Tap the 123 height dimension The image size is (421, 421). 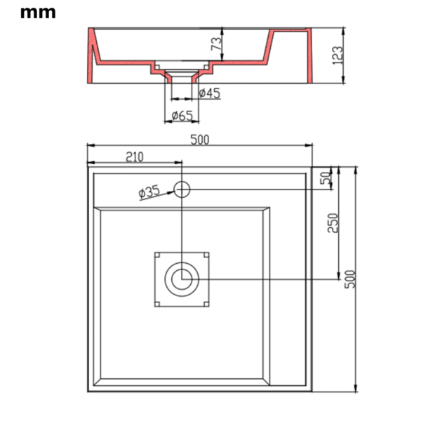coord(338,55)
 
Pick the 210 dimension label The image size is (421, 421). coord(134,157)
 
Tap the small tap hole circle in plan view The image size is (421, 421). coord(182,188)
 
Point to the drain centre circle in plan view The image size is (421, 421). coord(182,279)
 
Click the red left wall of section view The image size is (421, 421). coord(91,56)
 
